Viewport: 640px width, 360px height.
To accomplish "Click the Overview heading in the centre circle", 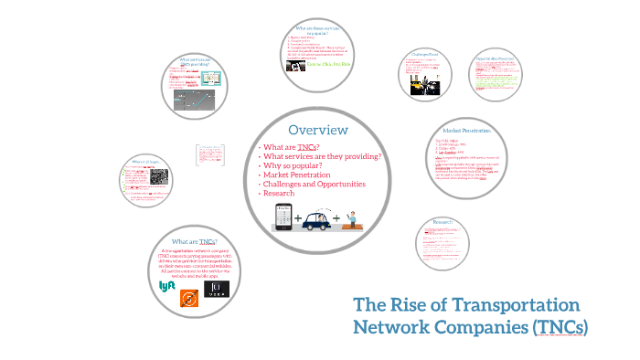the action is click(317, 131).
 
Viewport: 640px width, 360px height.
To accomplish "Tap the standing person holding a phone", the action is click(352, 217).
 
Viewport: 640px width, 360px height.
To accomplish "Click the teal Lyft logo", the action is click(167, 286).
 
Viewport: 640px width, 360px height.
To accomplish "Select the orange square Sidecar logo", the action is click(189, 298).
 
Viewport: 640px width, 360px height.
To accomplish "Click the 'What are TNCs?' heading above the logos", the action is click(189, 240).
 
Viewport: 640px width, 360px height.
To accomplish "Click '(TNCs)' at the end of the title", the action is click(557, 327).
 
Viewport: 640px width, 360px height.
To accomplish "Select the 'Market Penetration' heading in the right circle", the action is click(467, 132).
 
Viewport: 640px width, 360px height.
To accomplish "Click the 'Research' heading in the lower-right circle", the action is click(443, 222).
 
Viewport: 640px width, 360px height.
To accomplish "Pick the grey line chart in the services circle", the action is click(194, 98).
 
